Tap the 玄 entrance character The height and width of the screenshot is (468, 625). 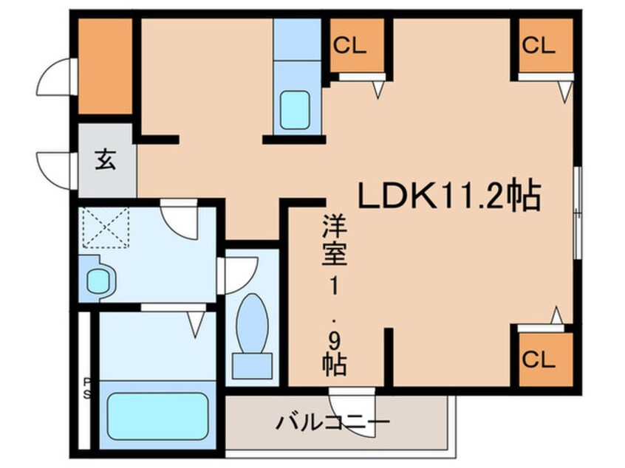(106, 160)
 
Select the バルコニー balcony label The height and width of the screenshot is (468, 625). (333, 423)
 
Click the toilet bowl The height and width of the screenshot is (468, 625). (253, 323)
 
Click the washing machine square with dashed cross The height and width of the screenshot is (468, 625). (105, 228)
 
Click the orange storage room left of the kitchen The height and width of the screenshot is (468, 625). (105, 66)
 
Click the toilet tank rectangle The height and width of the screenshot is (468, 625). (251, 366)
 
